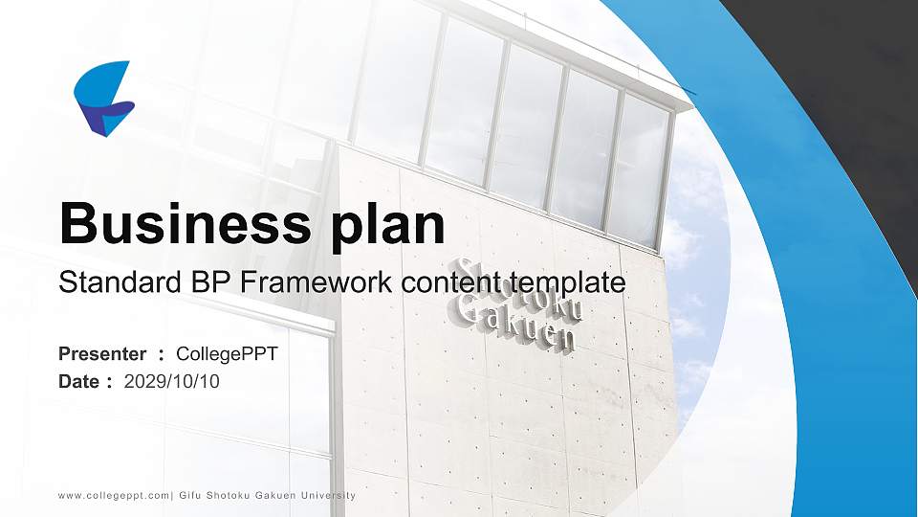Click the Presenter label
102,354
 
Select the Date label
79,381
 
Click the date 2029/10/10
172,381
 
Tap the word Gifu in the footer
188,495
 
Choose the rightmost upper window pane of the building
638,168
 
